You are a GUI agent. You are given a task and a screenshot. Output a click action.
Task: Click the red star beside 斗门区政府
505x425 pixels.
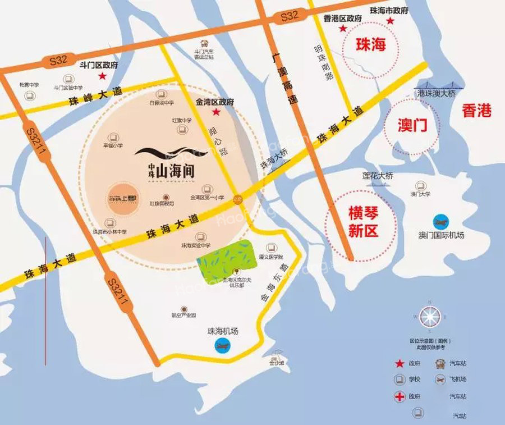(102, 76)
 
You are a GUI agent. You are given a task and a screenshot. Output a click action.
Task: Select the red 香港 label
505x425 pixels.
(476, 111)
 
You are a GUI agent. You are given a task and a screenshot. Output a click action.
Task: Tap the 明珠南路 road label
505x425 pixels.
(325, 65)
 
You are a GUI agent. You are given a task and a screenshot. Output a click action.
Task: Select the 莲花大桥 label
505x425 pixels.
(377, 176)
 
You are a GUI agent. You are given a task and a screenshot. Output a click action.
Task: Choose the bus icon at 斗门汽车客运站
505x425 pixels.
(204, 43)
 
